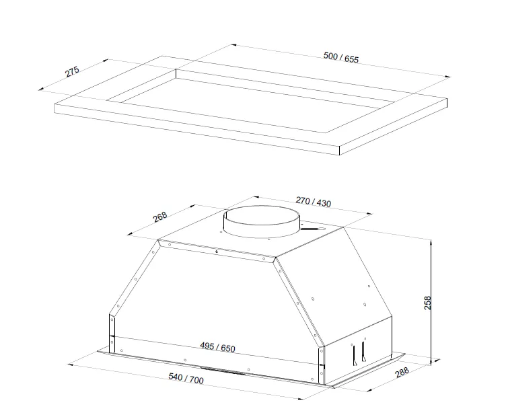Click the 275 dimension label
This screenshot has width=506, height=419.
click(72, 71)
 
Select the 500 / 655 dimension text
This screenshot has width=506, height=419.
click(340, 57)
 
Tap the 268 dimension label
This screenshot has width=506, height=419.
click(159, 217)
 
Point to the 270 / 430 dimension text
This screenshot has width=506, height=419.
click(314, 202)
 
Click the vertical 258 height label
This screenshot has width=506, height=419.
click(427, 303)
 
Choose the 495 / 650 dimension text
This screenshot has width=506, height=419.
click(217, 347)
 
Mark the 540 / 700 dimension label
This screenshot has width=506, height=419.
click(186, 378)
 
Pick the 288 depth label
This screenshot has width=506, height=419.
click(402, 372)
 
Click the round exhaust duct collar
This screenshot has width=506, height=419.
click(262, 222)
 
